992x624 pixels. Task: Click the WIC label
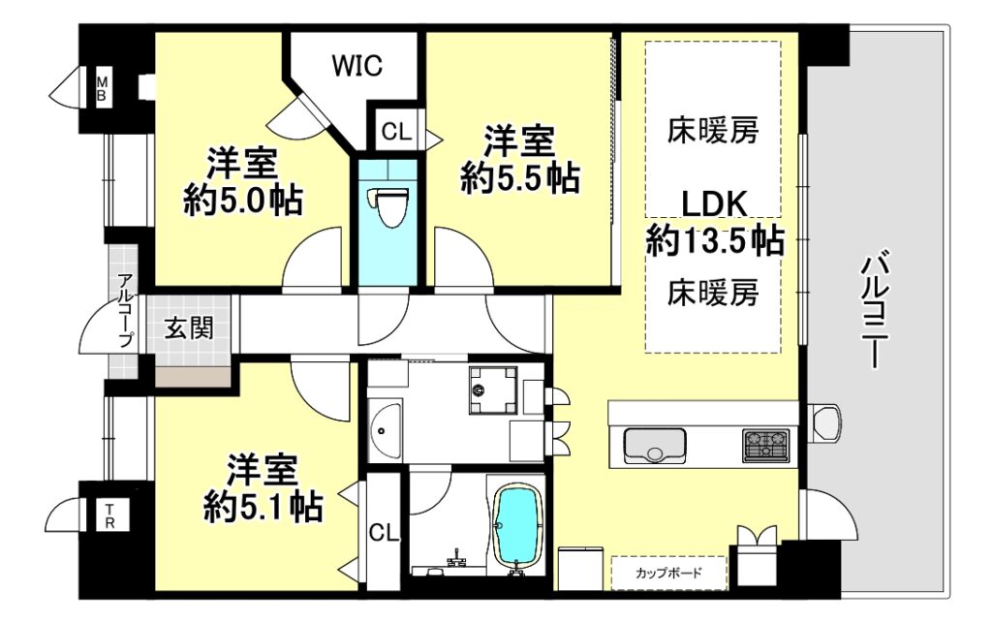(357, 65)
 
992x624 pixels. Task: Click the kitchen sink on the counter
(655, 446)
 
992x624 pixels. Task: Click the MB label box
(101, 88)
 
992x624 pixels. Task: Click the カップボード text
(668, 574)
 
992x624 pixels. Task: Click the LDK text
(714, 203)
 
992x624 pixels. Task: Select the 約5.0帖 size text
(243, 201)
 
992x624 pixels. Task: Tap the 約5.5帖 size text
(520, 178)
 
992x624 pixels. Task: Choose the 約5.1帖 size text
(263, 507)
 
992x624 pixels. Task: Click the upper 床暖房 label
(713, 131)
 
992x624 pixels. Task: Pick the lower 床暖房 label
(713, 293)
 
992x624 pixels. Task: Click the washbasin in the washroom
(384, 430)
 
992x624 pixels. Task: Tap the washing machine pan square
(493, 390)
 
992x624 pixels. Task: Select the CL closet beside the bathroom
(385, 533)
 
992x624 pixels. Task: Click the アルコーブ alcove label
(125, 310)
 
